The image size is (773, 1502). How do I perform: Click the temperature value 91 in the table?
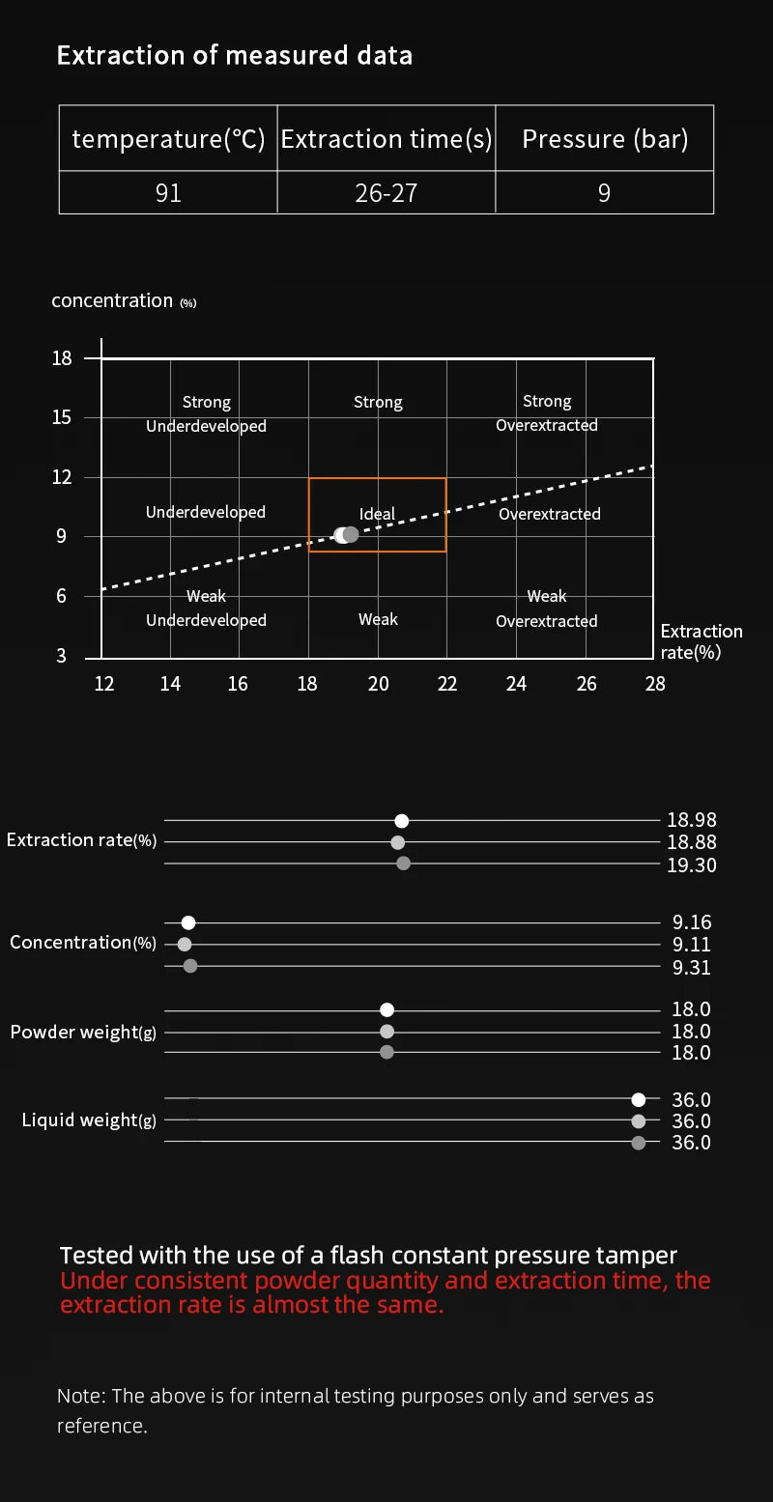168,193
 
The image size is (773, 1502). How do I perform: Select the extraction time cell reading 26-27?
386,193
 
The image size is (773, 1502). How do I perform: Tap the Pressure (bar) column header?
605,139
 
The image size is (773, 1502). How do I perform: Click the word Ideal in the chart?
377,514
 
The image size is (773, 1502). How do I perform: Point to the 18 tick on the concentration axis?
62,358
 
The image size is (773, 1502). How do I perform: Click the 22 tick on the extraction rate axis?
446,683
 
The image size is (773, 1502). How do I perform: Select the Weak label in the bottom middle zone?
378,619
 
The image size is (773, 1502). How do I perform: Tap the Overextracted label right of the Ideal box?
550,514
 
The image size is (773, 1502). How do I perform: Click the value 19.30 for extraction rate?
691,865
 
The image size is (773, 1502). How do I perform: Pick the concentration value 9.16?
692,922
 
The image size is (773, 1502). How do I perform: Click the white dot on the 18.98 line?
401,821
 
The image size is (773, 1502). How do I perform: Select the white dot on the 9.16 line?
188,922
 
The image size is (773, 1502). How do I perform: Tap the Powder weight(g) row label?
83,1032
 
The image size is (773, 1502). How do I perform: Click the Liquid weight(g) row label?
89,1119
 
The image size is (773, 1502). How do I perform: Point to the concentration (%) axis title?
124,301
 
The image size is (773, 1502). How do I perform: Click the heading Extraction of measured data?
234,55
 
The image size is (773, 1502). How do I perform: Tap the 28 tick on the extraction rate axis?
655,683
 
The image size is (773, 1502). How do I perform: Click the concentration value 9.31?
691,967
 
